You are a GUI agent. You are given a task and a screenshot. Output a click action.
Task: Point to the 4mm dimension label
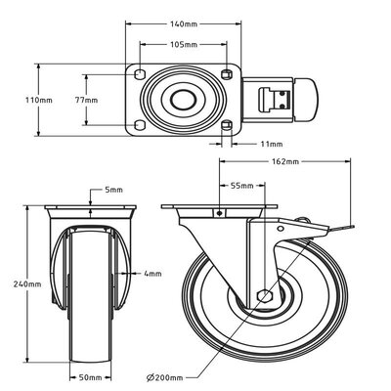(151, 275)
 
